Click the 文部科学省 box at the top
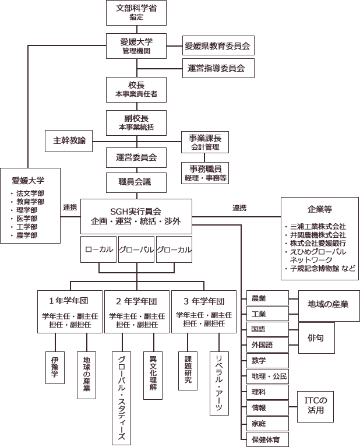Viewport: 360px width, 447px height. [136, 13]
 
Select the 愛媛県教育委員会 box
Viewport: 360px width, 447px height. [217, 45]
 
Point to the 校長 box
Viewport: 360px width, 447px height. [136, 89]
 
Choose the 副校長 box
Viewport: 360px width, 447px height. [136, 121]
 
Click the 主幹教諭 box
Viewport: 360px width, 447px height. [69, 141]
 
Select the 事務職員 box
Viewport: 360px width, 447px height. [204, 173]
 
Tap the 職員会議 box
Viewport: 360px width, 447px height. [136, 182]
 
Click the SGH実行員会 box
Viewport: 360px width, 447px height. [136, 216]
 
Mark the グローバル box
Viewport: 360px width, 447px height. [135, 249]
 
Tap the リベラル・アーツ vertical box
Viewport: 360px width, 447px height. [219, 382]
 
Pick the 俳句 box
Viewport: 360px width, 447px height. [317, 337]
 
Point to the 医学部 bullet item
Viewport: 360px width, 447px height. [27, 218]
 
